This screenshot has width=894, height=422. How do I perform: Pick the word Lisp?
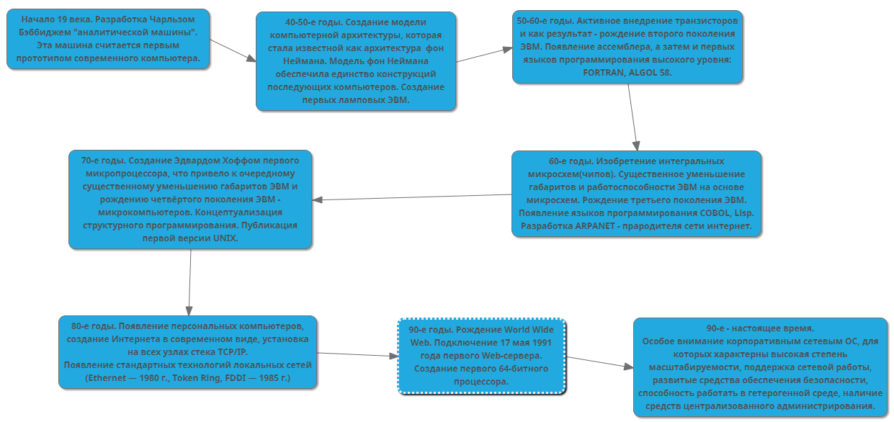point(744,213)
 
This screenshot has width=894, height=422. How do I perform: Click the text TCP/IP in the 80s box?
point(233,352)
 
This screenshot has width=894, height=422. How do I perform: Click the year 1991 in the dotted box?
point(542,343)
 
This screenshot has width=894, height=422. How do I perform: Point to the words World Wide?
point(529,330)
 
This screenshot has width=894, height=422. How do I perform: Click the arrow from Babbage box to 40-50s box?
point(233,50)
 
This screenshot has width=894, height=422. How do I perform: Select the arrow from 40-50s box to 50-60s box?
point(485,55)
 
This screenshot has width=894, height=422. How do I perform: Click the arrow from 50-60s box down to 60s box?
point(632,117)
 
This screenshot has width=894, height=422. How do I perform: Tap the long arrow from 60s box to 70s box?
point(412,197)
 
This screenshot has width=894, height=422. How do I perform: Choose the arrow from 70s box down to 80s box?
point(190,282)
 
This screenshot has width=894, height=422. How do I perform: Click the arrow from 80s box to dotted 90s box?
point(358,354)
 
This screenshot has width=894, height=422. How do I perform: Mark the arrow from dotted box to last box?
point(600,362)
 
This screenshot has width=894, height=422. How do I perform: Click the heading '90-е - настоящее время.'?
point(760,328)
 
